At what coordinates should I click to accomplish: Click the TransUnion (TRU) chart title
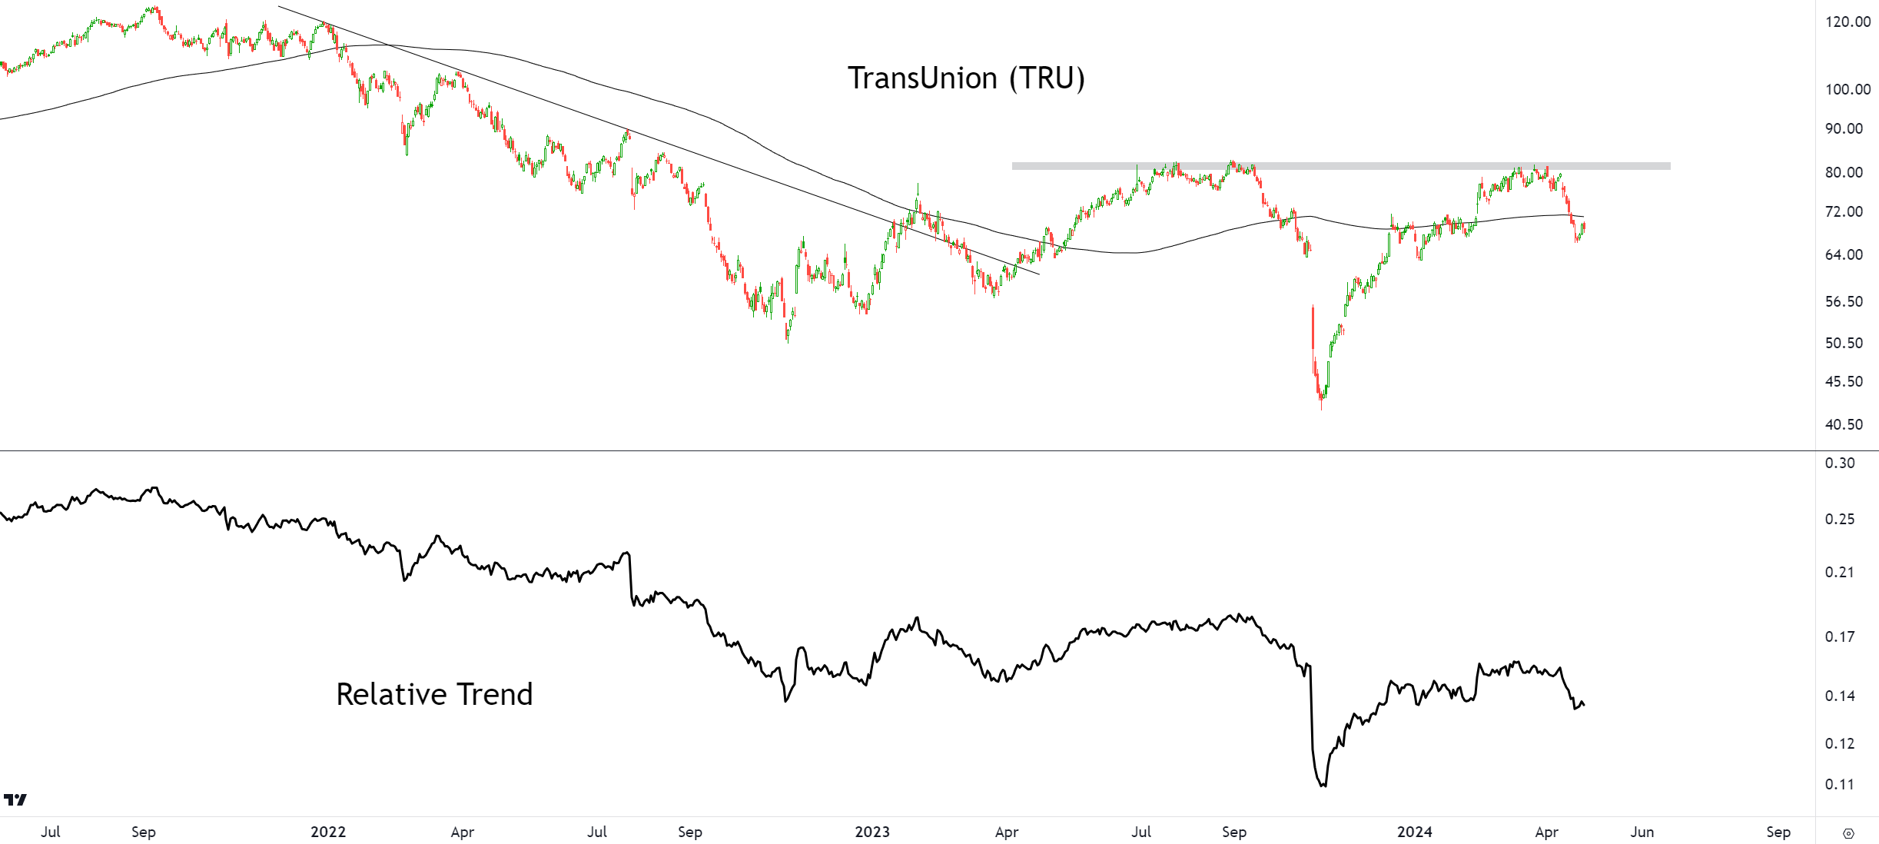pyautogui.click(x=966, y=78)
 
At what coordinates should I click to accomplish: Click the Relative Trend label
pyautogui.click(x=434, y=694)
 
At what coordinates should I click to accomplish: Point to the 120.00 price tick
pyautogui.click(x=1847, y=22)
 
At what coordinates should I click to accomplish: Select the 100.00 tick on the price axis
pyautogui.click(x=1847, y=89)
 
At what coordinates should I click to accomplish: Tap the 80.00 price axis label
pyautogui.click(x=1844, y=172)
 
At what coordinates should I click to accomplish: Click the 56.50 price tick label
pyautogui.click(x=1844, y=301)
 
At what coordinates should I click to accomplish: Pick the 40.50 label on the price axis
pyautogui.click(x=1844, y=424)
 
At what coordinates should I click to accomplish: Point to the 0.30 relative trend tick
pyautogui.click(x=1840, y=463)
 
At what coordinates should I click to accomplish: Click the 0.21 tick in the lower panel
pyautogui.click(x=1840, y=572)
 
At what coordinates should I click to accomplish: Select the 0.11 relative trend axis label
pyautogui.click(x=1840, y=784)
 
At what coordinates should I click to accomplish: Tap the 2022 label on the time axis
pyautogui.click(x=328, y=832)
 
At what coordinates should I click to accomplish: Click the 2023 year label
pyautogui.click(x=872, y=832)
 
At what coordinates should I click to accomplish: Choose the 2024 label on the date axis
pyautogui.click(x=1414, y=832)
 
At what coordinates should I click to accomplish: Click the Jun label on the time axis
pyautogui.click(x=1642, y=832)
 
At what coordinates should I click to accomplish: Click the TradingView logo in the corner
pyautogui.click(x=15, y=799)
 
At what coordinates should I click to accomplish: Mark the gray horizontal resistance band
pyautogui.click(x=1340, y=166)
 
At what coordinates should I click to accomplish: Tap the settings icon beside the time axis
pyautogui.click(x=1848, y=833)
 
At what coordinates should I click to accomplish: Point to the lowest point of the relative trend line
pyautogui.click(x=1323, y=786)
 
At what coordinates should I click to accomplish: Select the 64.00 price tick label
pyautogui.click(x=1844, y=254)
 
